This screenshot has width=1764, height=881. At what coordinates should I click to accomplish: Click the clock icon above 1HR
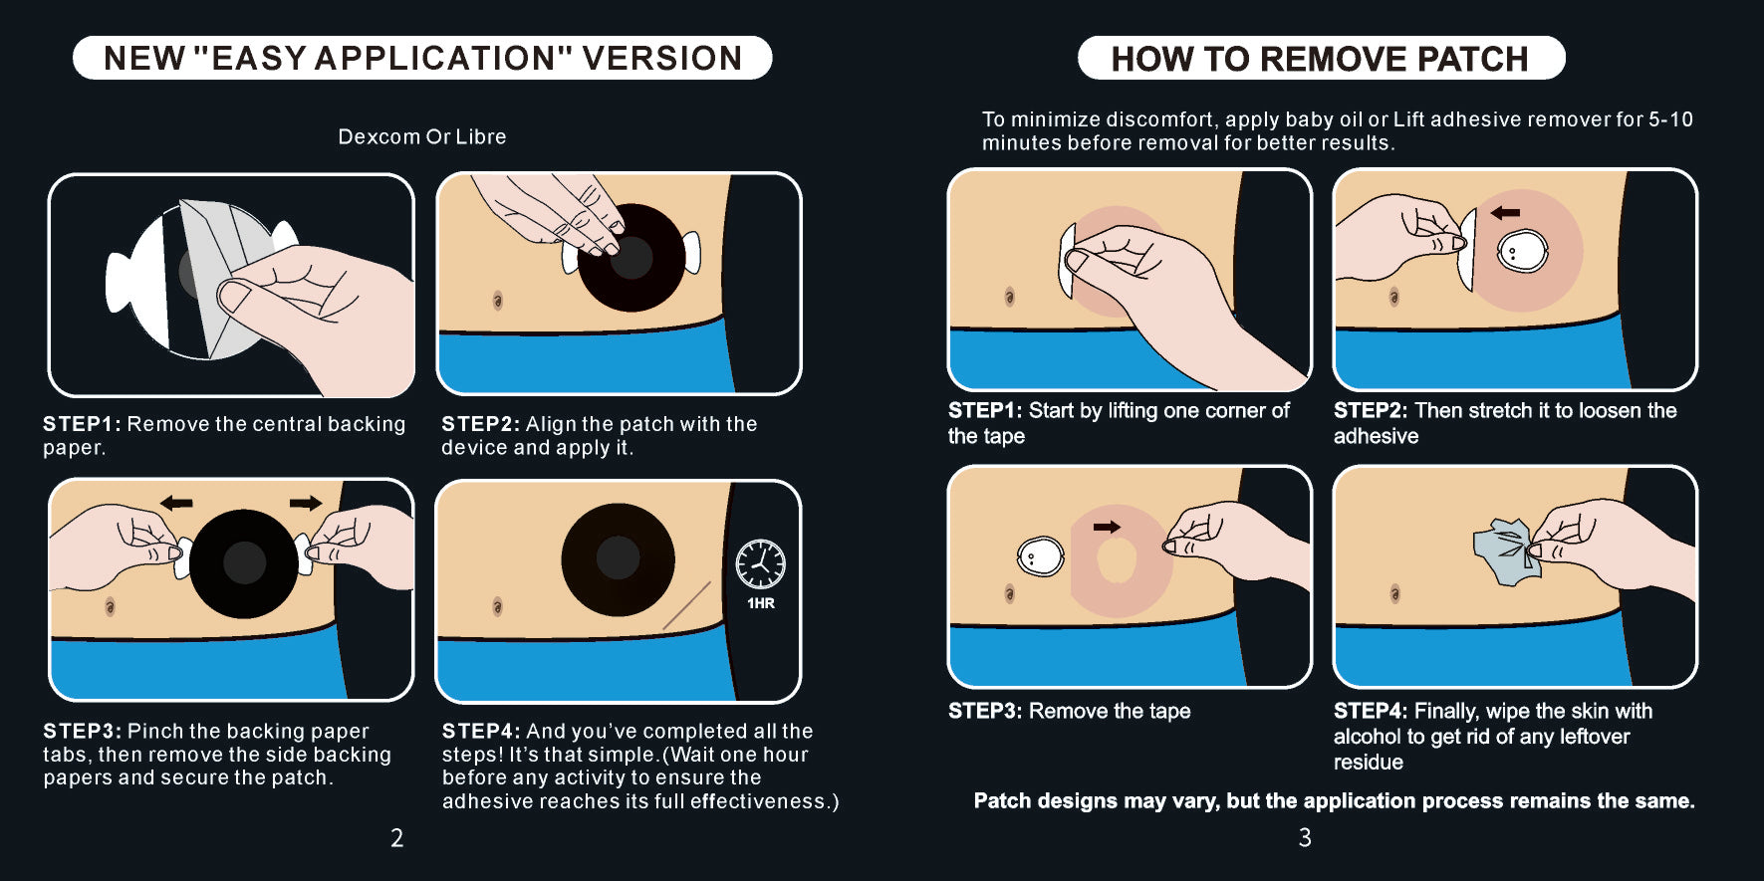(x=760, y=564)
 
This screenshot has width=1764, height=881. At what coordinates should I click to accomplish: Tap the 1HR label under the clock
(x=761, y=603)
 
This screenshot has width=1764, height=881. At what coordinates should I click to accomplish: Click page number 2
(x=396, y=838)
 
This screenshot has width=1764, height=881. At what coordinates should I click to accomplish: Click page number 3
(x=1305, y=838)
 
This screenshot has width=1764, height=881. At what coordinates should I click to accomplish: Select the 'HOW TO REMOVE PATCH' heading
(x=1320, y=59)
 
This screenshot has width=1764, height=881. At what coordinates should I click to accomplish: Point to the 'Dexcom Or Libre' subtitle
(x=422, y=136)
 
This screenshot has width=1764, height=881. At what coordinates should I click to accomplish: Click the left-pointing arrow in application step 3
(x=176, y=503)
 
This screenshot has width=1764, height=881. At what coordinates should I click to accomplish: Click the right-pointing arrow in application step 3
(x=307, y=503)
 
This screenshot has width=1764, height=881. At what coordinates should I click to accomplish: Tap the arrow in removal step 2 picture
(x=1505, y=212)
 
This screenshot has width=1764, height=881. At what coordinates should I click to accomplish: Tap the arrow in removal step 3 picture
(x=1107, y=527)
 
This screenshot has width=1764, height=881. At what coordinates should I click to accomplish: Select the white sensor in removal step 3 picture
(x=1040, y=556)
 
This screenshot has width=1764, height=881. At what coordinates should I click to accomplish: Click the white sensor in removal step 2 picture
(x=1523, y=251)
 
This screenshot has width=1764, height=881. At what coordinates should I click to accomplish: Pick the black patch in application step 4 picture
(x=618, y=559)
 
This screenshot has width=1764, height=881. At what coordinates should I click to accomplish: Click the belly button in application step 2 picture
(x=498, y=300)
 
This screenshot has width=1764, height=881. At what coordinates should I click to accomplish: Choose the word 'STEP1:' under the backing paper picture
(x=82, y=424)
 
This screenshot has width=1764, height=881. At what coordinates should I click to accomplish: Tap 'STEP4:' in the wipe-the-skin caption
(x=1371, y=711)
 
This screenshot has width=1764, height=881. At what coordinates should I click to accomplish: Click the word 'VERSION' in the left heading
(x=662, y=59)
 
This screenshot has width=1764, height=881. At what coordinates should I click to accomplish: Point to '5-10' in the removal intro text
(x=1670, y=119)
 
